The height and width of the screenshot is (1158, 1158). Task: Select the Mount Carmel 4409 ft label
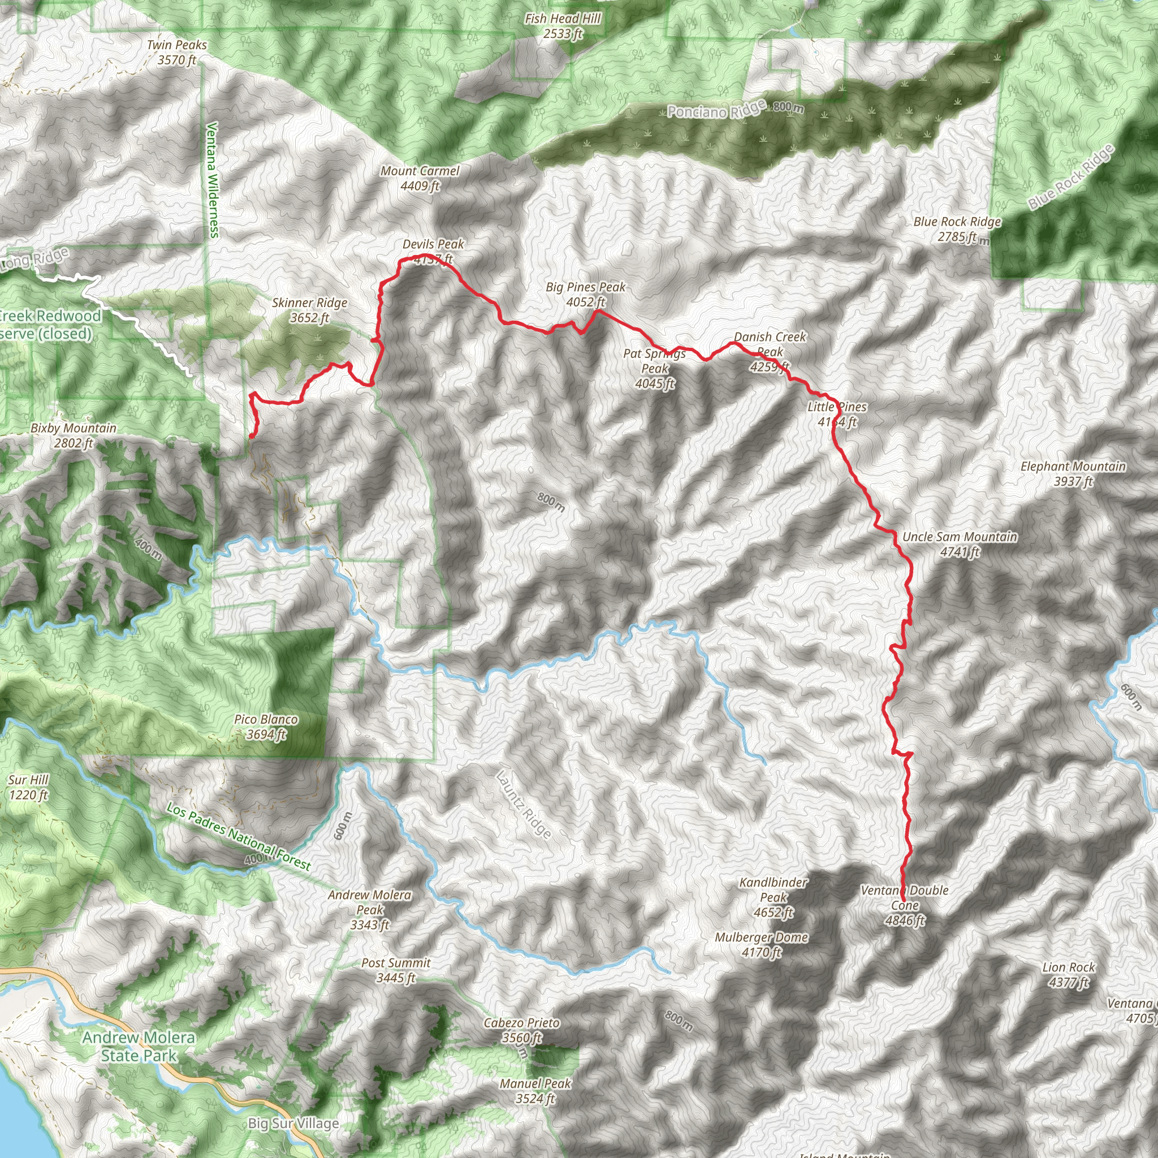420,179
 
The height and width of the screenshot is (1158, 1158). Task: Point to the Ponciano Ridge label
716,110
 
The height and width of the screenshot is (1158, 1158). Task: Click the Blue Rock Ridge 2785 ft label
957,229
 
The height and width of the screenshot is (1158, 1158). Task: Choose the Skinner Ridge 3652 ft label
309,310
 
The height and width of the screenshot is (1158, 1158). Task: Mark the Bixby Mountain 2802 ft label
73,435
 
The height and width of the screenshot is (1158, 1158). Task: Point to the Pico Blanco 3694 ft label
266,727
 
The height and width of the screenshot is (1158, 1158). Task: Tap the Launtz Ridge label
523,805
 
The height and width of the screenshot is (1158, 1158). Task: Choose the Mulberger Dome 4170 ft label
761,945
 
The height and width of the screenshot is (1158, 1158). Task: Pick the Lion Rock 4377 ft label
1069,975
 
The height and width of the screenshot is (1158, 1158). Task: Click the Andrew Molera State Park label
139,1047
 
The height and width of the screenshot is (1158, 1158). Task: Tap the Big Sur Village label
293,1124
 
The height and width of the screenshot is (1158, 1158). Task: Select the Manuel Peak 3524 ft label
535,1091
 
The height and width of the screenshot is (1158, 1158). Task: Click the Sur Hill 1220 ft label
28,787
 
